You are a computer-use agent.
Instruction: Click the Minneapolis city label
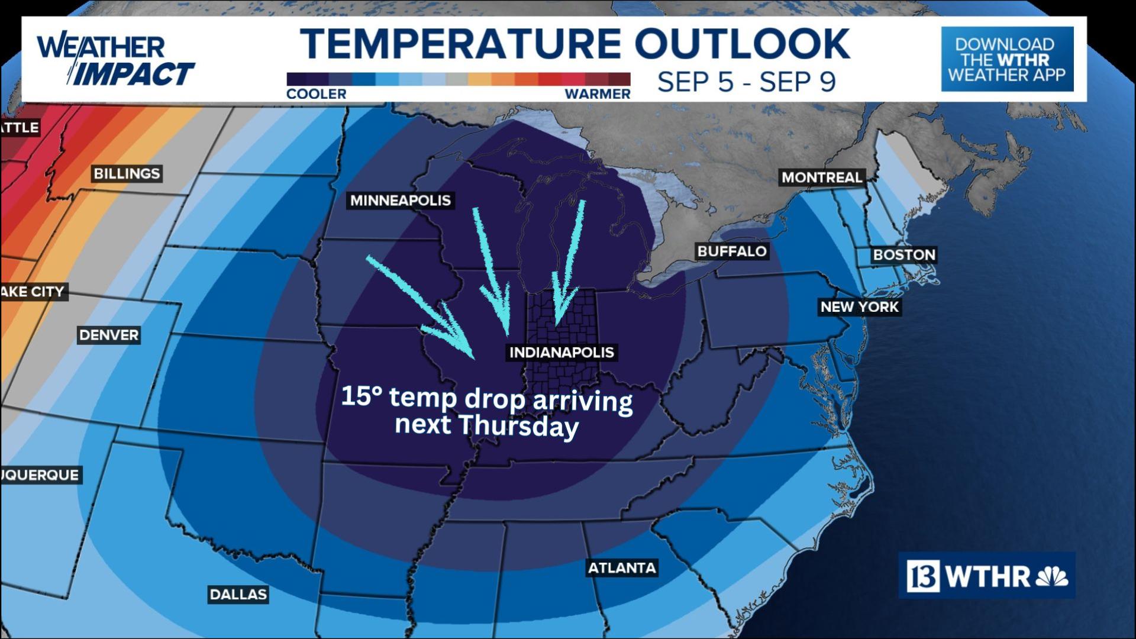pyautogui.click(x=401, y=201)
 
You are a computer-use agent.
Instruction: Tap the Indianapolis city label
pyautogui.click(x=561, y=353)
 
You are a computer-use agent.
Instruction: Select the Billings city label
pyautogui.click(x=127, y=173)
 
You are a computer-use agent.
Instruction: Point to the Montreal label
pyautogui.click(x=821, y=177)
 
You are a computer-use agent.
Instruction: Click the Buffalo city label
pyautogui.click(x=732, y=251)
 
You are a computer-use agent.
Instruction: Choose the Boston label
pyautogui.click(x=904, y=255)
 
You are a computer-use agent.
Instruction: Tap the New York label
pyautogui.click(x=859, y=307)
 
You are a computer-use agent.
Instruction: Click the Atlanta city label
pyautogui.click(x=622, y=568)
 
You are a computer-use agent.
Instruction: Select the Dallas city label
pyautogui.click(x=238, y=594)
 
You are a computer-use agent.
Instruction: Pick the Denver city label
pyautogui.click(x=109, y=335)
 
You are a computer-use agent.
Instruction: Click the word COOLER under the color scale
pyautogui.click(x=316, y=94)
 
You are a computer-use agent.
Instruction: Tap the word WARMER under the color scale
pyautogui.click(x=598, y=94)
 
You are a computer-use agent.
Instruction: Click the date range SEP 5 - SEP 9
pyautogui.click(x=746, y=82)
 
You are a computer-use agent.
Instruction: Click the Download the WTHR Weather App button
pyautogui.click(x=1007, y=59)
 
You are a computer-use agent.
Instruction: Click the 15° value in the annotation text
pyautogui.click(x=362, y=396)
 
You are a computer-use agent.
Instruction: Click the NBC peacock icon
pyautogui.click(x=1052, y=576)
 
